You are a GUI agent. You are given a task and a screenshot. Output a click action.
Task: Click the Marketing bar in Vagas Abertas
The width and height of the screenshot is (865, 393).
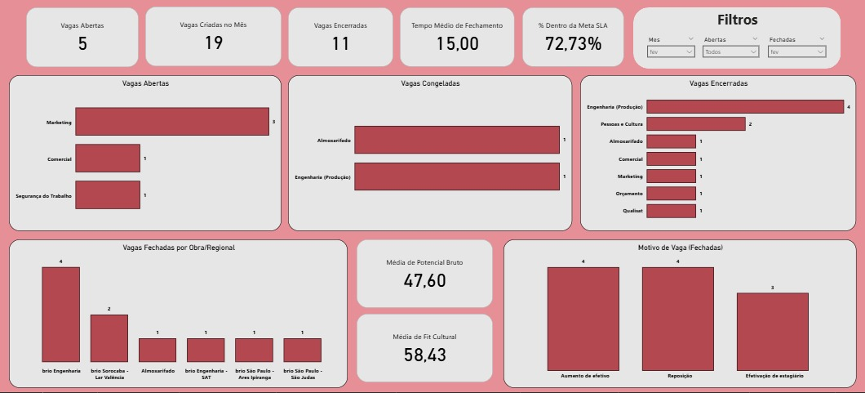(x=171, y=122)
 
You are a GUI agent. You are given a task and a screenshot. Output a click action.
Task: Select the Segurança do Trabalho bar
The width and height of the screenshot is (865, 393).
(x=107, y=195)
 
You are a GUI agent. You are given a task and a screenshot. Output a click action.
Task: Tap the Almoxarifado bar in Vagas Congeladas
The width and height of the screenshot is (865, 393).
(x=456, y=140)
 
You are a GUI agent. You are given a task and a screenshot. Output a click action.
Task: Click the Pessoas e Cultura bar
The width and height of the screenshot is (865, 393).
(x=695, y=124)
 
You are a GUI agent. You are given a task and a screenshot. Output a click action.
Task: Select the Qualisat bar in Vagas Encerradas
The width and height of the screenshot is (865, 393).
(x=671, y=211)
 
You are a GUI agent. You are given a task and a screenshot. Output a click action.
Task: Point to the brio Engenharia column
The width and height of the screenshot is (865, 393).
(x=61, y=315)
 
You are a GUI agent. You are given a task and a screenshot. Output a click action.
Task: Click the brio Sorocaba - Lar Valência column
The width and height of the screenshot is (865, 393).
(x=109, y=338)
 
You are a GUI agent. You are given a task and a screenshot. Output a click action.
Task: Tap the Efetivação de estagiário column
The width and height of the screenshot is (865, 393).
(x=772, y=331)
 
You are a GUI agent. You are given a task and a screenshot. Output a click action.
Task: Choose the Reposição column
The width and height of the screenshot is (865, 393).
(x=677, y=319)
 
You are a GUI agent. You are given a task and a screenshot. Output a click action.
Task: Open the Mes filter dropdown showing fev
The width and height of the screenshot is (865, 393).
(x=671, y=51)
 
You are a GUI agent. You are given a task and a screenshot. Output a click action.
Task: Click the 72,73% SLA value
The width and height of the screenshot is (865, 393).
(x=574, y=44)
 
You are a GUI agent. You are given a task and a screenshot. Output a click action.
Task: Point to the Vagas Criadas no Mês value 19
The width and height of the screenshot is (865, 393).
(x=213, y=43)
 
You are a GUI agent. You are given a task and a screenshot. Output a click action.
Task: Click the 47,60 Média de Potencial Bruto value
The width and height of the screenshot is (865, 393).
(x=424, y=281)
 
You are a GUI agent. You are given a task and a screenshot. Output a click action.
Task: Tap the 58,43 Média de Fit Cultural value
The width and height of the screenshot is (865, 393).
(x=424, y=355)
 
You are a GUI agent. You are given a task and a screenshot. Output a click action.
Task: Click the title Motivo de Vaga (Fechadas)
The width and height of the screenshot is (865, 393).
(x=680, y=248)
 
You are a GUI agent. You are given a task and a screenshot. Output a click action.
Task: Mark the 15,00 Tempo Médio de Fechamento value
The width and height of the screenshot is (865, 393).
(x=457, y=44)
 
